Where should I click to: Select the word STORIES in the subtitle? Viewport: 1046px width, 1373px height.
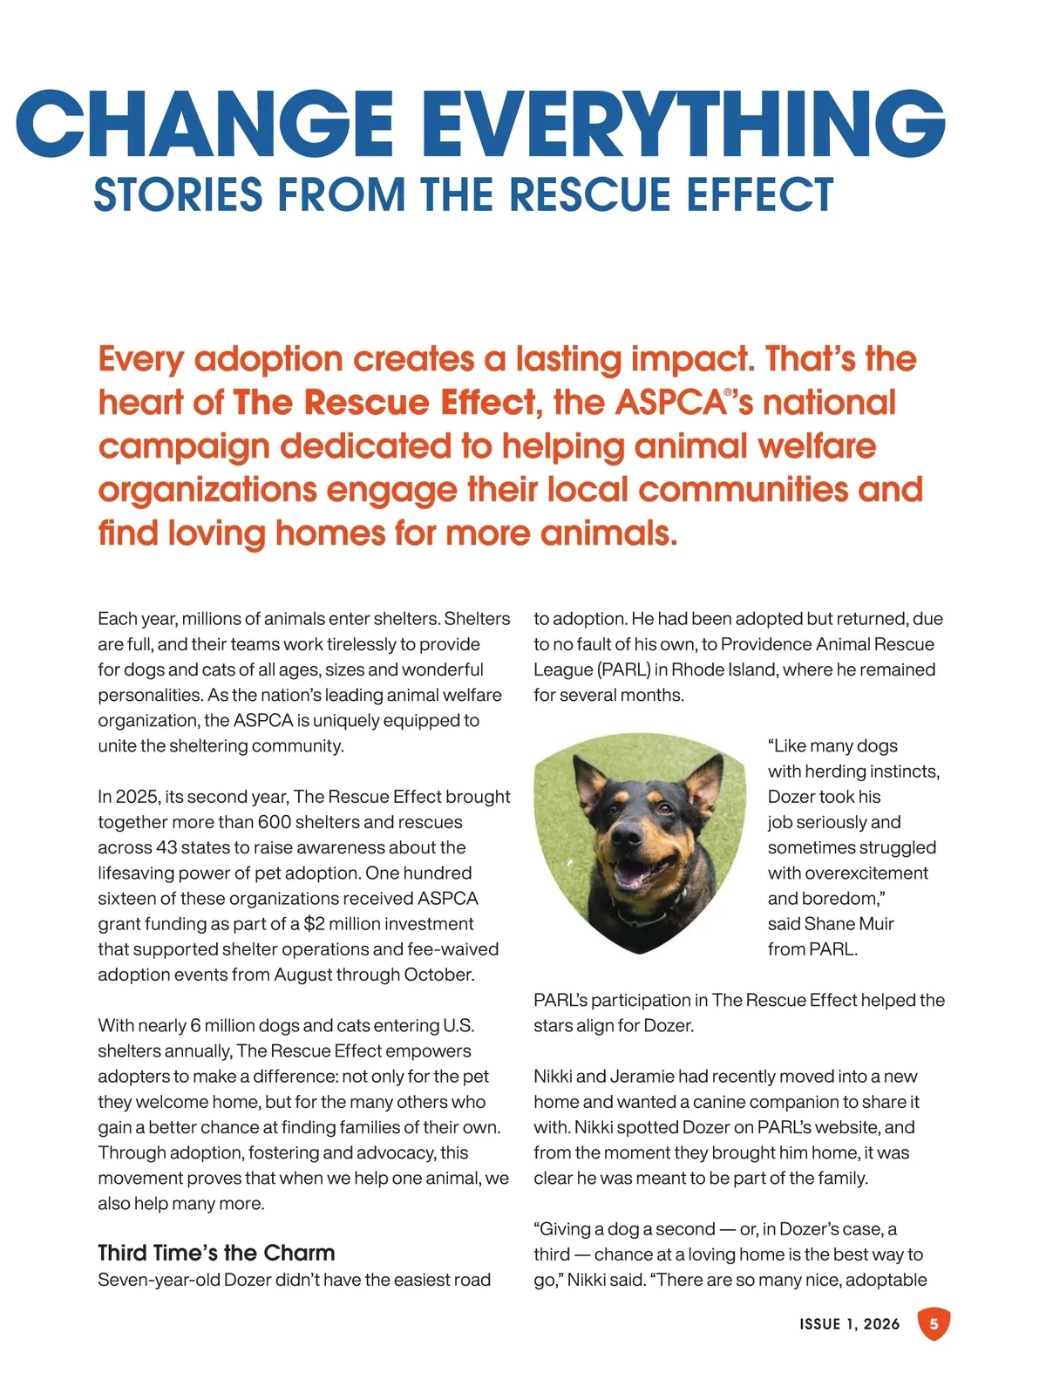[178, 194]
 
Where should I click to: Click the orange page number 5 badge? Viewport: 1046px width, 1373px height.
[934, 1324]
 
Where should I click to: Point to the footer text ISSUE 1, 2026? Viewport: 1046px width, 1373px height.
[849, 1324]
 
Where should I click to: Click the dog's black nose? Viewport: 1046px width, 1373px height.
[626, 835]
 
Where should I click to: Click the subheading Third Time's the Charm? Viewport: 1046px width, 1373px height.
[216, 1253]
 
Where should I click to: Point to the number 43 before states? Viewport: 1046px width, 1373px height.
[166, 847]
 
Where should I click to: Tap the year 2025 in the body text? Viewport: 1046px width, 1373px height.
[133, 797]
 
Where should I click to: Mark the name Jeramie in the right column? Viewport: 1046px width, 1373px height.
[642, 1077]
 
